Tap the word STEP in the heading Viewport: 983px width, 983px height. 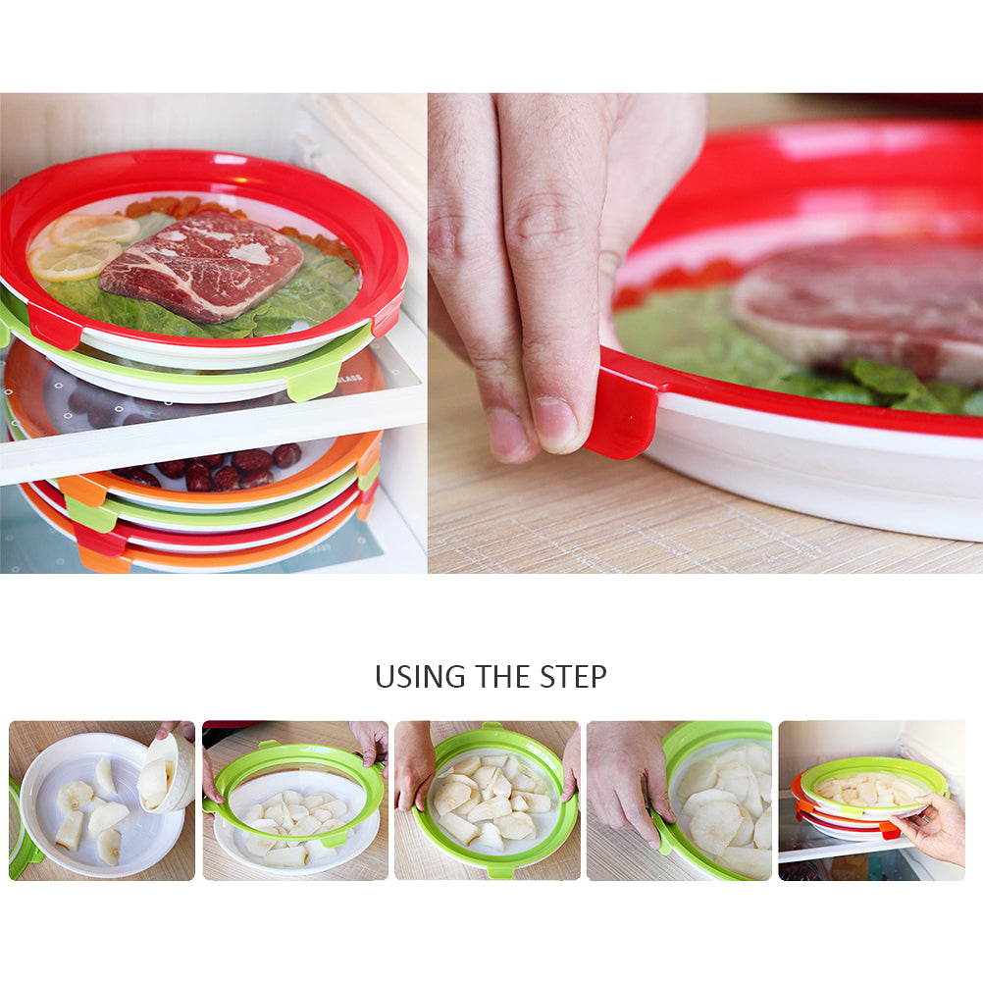[573, 677]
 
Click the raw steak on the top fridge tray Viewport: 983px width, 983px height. [200, 266]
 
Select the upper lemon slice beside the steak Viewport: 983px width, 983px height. [94, 230]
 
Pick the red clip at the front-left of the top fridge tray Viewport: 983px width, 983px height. [54, 326]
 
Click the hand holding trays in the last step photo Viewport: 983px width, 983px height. [930, 828]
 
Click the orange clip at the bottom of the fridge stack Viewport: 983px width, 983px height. [103, 560]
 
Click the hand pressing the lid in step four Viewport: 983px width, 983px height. [627, 777]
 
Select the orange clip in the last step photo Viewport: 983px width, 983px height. [889, 830]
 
